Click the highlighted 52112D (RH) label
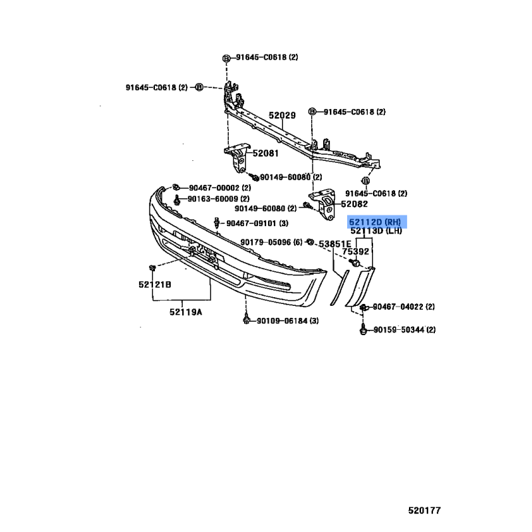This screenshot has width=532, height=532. point(375,222)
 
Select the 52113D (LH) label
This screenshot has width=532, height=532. point(376,231)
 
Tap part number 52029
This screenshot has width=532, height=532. point(282,115)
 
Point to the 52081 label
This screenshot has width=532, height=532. point(265,154)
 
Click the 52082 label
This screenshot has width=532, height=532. point(354,204)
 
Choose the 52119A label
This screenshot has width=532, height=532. point(186,312)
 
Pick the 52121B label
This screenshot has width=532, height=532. point(155,285)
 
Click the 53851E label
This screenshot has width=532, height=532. point(335,244)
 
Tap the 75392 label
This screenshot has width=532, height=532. point(355,251)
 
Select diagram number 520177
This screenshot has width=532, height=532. point(424,510)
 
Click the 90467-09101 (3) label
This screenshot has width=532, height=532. point(257,223)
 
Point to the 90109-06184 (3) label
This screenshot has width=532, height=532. point(288,321)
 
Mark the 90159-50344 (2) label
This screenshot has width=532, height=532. point(404,329)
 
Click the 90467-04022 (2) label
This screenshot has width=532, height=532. point(404,307)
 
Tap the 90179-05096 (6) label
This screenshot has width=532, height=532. point(271,242)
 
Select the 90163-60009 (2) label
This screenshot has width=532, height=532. point(219,199)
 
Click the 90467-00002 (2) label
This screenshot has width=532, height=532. point(220,188)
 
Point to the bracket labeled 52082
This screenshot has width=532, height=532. point(324,205)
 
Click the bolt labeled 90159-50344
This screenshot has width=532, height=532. point(363,329)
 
